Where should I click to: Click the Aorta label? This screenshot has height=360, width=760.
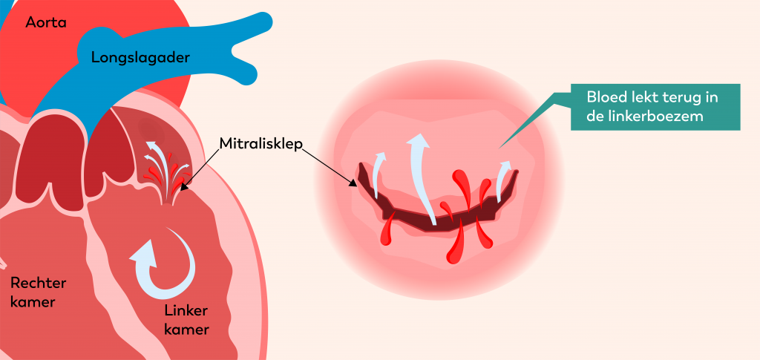(x=46, y=23)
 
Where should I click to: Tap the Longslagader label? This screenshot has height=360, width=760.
(x=141, y=57)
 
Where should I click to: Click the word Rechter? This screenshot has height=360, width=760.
(x=38, y=283)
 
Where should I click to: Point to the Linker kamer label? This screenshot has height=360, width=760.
(x=186, y=318)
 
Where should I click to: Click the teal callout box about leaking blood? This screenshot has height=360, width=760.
(x=655, y=107)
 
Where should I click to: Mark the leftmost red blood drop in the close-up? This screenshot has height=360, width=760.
(x=386, y=234)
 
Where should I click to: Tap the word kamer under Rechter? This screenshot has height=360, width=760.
(x=33, y=302)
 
